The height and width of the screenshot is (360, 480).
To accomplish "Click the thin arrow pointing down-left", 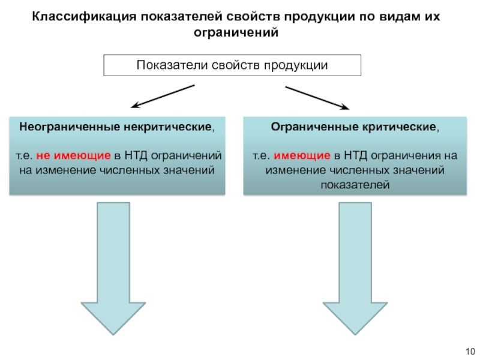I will tap(162, 97).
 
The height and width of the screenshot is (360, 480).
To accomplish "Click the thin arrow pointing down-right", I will tap(317, 98).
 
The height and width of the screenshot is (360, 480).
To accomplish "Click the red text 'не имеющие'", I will tap(73, 156).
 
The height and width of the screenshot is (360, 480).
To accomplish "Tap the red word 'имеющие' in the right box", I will tap(302, 156).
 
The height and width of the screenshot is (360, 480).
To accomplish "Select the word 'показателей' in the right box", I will tap(355, 185).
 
